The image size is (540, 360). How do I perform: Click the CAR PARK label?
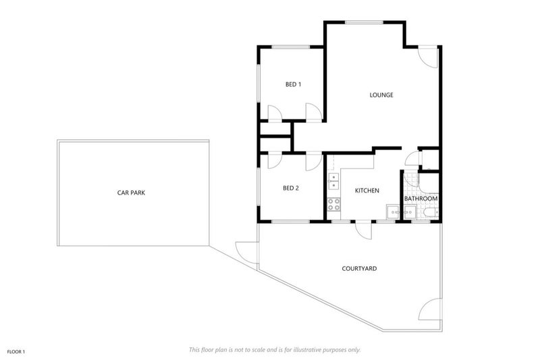click(x=131, y=193)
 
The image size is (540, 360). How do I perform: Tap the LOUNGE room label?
click(x=381, y=95)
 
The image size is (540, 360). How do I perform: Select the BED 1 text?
click(x=294, y=84)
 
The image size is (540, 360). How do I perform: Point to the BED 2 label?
click(x=291, y=188)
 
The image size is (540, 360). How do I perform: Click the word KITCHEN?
click(x=367, y=190)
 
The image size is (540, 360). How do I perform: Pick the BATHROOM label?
click(x=421, y=199)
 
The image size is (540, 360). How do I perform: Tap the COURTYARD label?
click(x=359, y=268)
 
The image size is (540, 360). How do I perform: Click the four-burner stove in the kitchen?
click(x=333, y=204)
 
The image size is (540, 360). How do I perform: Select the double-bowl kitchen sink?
click(x=333, y=182)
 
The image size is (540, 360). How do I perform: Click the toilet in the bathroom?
click(x=431, y=213)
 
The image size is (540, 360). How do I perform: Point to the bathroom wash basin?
click(x=410, y=212)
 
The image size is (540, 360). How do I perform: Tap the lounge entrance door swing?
click(x=428, y=57)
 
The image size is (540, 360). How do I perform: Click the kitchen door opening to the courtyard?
click(x=364, y=230)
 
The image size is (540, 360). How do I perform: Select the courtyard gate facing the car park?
click(x=246, y=252)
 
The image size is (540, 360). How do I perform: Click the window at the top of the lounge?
click(x=364, y=23)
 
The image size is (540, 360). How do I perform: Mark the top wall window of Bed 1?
click(x=291, y=47)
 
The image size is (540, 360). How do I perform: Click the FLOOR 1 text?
click(x=16, y=352)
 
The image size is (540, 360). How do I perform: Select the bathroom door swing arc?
click(x=412, y=159)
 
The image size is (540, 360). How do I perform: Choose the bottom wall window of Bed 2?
click(x=291, y=222)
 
